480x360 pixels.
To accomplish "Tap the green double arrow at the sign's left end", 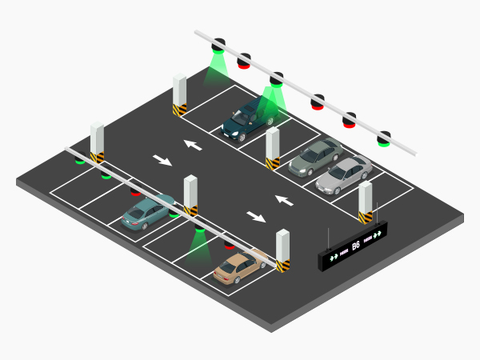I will pyautogui.click(x=333, y=258).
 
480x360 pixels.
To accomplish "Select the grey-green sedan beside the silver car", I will pyautogui.click(x=314, y=157).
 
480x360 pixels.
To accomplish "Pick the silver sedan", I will pyautogui.click(x=344, y=174).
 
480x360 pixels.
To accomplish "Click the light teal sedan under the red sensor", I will pyautogui.click(x=146, y=210).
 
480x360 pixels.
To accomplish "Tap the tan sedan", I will pyautogui.click(x=238, y=268).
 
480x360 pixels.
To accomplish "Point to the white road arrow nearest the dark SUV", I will pyautogui.click(x=192, y=145).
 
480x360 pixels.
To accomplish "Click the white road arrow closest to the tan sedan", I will pyautogui.click(x=257, y=216).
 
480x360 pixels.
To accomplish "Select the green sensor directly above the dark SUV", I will pyautogui.click(x=276, y=79).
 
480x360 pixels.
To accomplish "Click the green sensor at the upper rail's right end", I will pyautogui.click(x=384, y=139).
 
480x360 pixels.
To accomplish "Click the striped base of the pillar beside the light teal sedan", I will pyautogui.click(x=190, y=210).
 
